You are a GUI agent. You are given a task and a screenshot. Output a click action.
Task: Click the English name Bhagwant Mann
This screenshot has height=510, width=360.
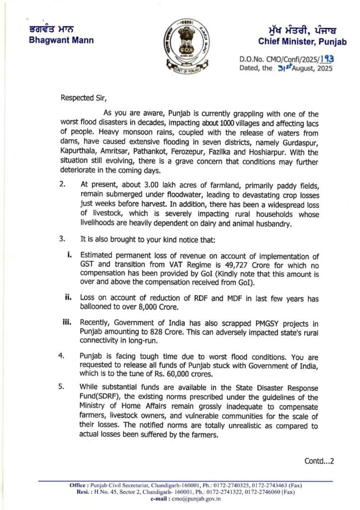tap(61, 40)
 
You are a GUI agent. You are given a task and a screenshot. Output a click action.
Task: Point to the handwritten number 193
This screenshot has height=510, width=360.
tap(326, 59)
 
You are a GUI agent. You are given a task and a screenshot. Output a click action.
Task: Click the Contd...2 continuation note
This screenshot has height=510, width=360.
tap(319, 461)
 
